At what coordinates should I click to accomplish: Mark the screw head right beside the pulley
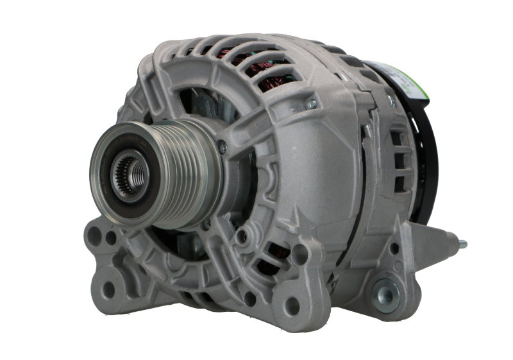click(x=222, y=147)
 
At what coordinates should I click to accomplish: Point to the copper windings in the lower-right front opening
click(x=276, y=253)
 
